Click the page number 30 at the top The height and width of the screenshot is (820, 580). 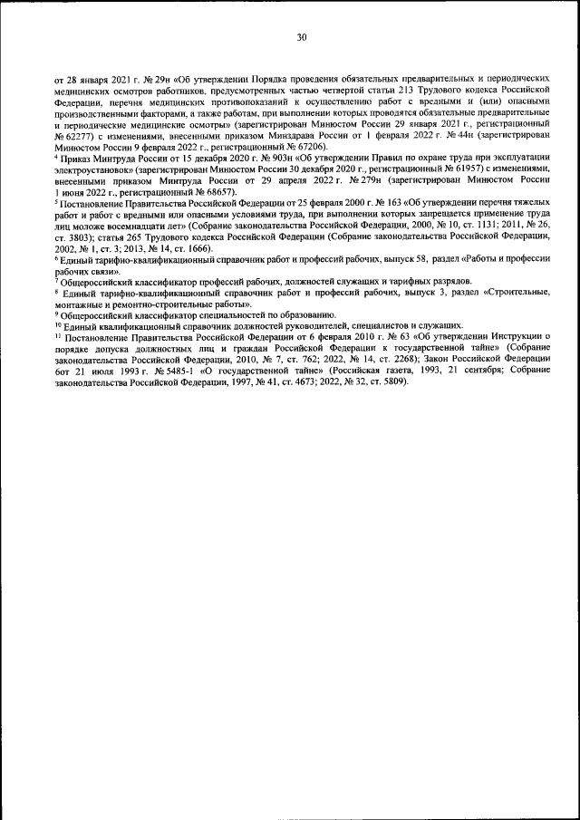[x=302, y=37]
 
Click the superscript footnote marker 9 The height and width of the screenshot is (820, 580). [x=56, y=313]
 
